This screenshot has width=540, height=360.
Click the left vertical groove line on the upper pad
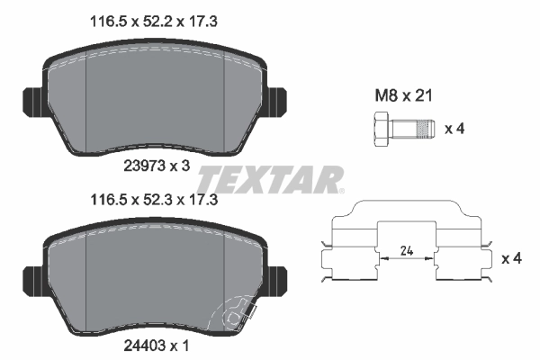click(x=85, y=99)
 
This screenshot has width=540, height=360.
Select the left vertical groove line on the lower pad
click(x=85, y=279)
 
